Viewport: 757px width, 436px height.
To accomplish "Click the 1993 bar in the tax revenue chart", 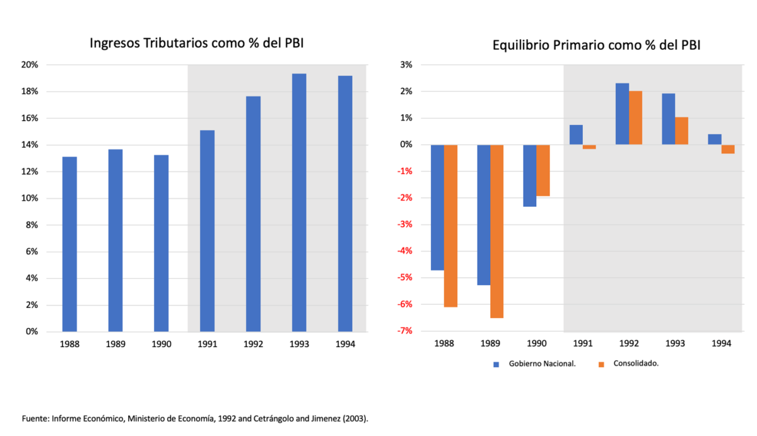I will point(299,202).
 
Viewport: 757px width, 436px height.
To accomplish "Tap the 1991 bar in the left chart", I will point(207,230).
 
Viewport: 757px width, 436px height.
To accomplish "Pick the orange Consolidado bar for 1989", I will point(496,231).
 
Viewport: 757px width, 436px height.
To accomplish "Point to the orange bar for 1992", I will point(635,118).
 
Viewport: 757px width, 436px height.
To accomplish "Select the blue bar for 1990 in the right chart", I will point(530,175).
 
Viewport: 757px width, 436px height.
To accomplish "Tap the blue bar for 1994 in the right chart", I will point(714,139).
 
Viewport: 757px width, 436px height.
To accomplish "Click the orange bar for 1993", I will point(681,131).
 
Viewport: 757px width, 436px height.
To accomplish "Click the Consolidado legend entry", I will point(628,363).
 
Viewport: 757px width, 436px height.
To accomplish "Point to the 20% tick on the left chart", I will point(30,65).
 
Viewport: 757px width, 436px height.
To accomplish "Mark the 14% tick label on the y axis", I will point(30,145).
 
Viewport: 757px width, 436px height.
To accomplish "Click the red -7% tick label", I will point(404,331).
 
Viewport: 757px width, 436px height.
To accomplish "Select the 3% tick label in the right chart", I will point(406,65).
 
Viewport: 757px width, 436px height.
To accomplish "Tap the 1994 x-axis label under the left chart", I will point(345,345).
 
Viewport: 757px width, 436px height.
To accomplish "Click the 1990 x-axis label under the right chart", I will point(536,345).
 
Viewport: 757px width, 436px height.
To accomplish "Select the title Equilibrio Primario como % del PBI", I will point(597,46).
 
